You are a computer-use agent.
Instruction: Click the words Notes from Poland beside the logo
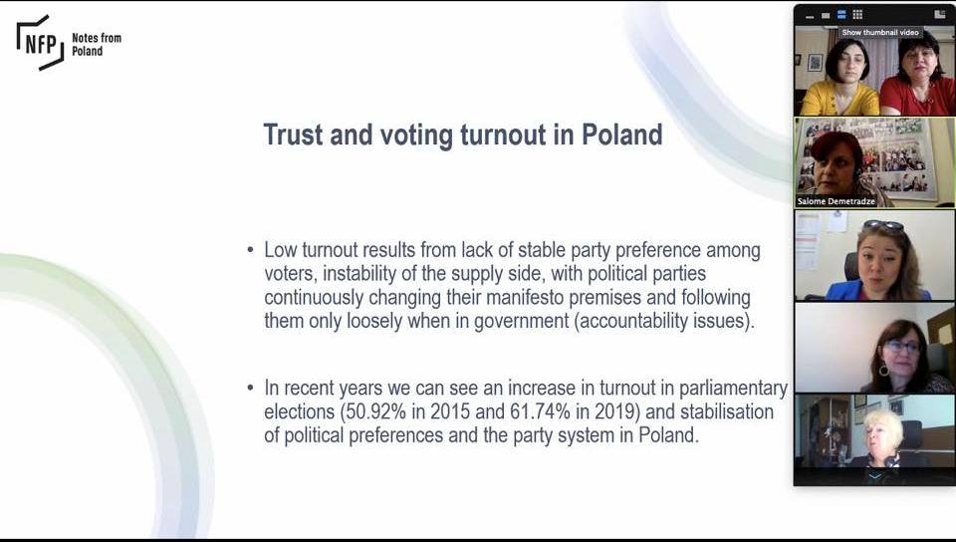tap(97, 44)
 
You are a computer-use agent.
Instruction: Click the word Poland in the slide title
tap(622, 135)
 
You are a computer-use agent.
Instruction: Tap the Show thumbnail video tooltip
tap(879, 32)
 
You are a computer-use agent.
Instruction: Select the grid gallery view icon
tap(857, 14)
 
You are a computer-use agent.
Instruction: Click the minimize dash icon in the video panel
tap(810, 15)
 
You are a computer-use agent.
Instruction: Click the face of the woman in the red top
tap(918, 61)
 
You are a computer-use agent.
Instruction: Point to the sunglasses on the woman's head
tap(883, 225)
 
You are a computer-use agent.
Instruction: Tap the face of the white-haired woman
tap(882, 432)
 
